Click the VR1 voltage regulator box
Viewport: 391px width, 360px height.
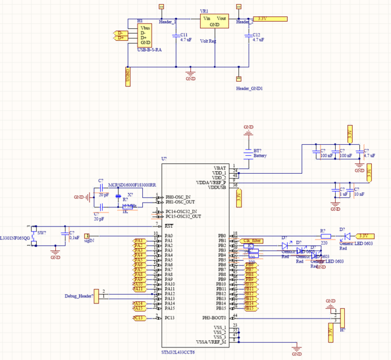(x=214, y=22)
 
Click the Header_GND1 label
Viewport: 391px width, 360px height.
(x=250, y=88)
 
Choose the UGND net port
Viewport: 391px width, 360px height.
(x=127, y=75)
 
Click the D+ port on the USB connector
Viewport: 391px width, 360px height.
(x=121, y=38)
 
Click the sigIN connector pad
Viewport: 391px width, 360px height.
(x=86, y=236)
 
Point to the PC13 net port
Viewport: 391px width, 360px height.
(x=138, y=317)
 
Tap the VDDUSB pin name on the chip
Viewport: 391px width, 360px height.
(x=217, y=187)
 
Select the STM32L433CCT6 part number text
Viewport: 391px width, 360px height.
(x=178, y=352)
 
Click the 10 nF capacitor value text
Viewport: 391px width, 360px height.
(x=359, y=194)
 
